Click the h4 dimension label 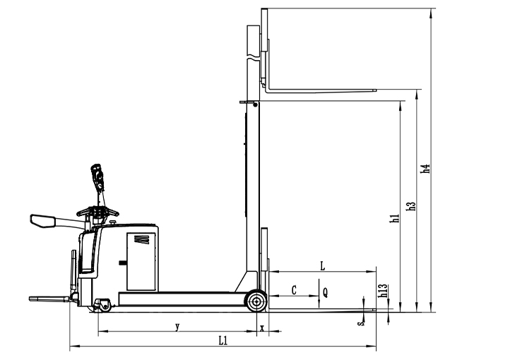425,169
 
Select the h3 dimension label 411,206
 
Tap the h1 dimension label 394,218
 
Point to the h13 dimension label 384,291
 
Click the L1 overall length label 223,341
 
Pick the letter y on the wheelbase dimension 177,326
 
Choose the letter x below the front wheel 263,328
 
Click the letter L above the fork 323,266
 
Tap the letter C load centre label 294,290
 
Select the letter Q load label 325,293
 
